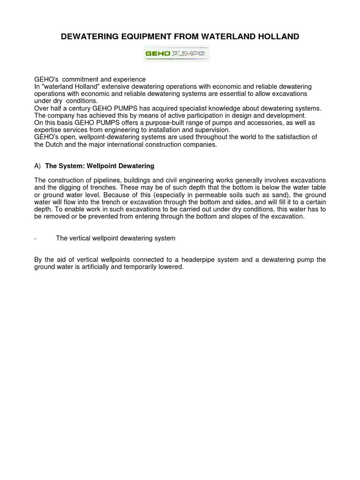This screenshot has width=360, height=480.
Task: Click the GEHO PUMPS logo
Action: [176, 54]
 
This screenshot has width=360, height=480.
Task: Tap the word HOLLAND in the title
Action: [279, 37]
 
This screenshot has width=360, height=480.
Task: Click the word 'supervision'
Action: [211, 130]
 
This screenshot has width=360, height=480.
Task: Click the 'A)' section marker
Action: [37, 166]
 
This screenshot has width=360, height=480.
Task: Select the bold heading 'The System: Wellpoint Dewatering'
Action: [99, 166]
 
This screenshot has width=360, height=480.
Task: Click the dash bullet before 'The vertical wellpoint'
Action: [36, 238]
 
